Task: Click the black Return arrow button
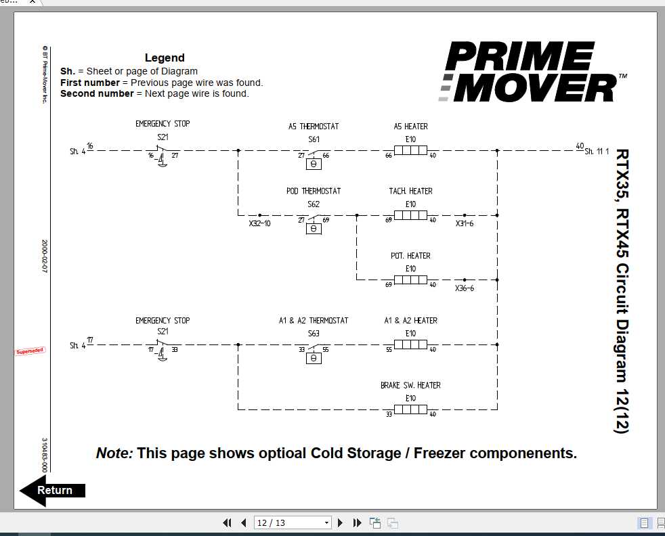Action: [x=52, y=491]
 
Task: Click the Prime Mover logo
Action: [x=529, y=72]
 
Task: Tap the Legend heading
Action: [x=165, y=58]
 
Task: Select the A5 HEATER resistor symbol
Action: [x=410, y=151]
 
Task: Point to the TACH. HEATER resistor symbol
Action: [x=410, y=215]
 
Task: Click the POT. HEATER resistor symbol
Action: [x=410, y=280]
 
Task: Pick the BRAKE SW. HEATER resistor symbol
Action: [x=410, y=409]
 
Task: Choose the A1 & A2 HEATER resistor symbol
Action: [x=410, y=344]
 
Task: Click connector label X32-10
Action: [x=259, y=223]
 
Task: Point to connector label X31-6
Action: [x=465, y=223]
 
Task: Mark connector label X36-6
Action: [x=465, y=288]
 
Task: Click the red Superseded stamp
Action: [x=30, y=351]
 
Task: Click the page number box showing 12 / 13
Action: [x=292, y=522]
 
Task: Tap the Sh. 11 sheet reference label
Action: [x=597, y=152]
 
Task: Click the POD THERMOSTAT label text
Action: [x=314, y=192]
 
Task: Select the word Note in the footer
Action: [x=114, y=453]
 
